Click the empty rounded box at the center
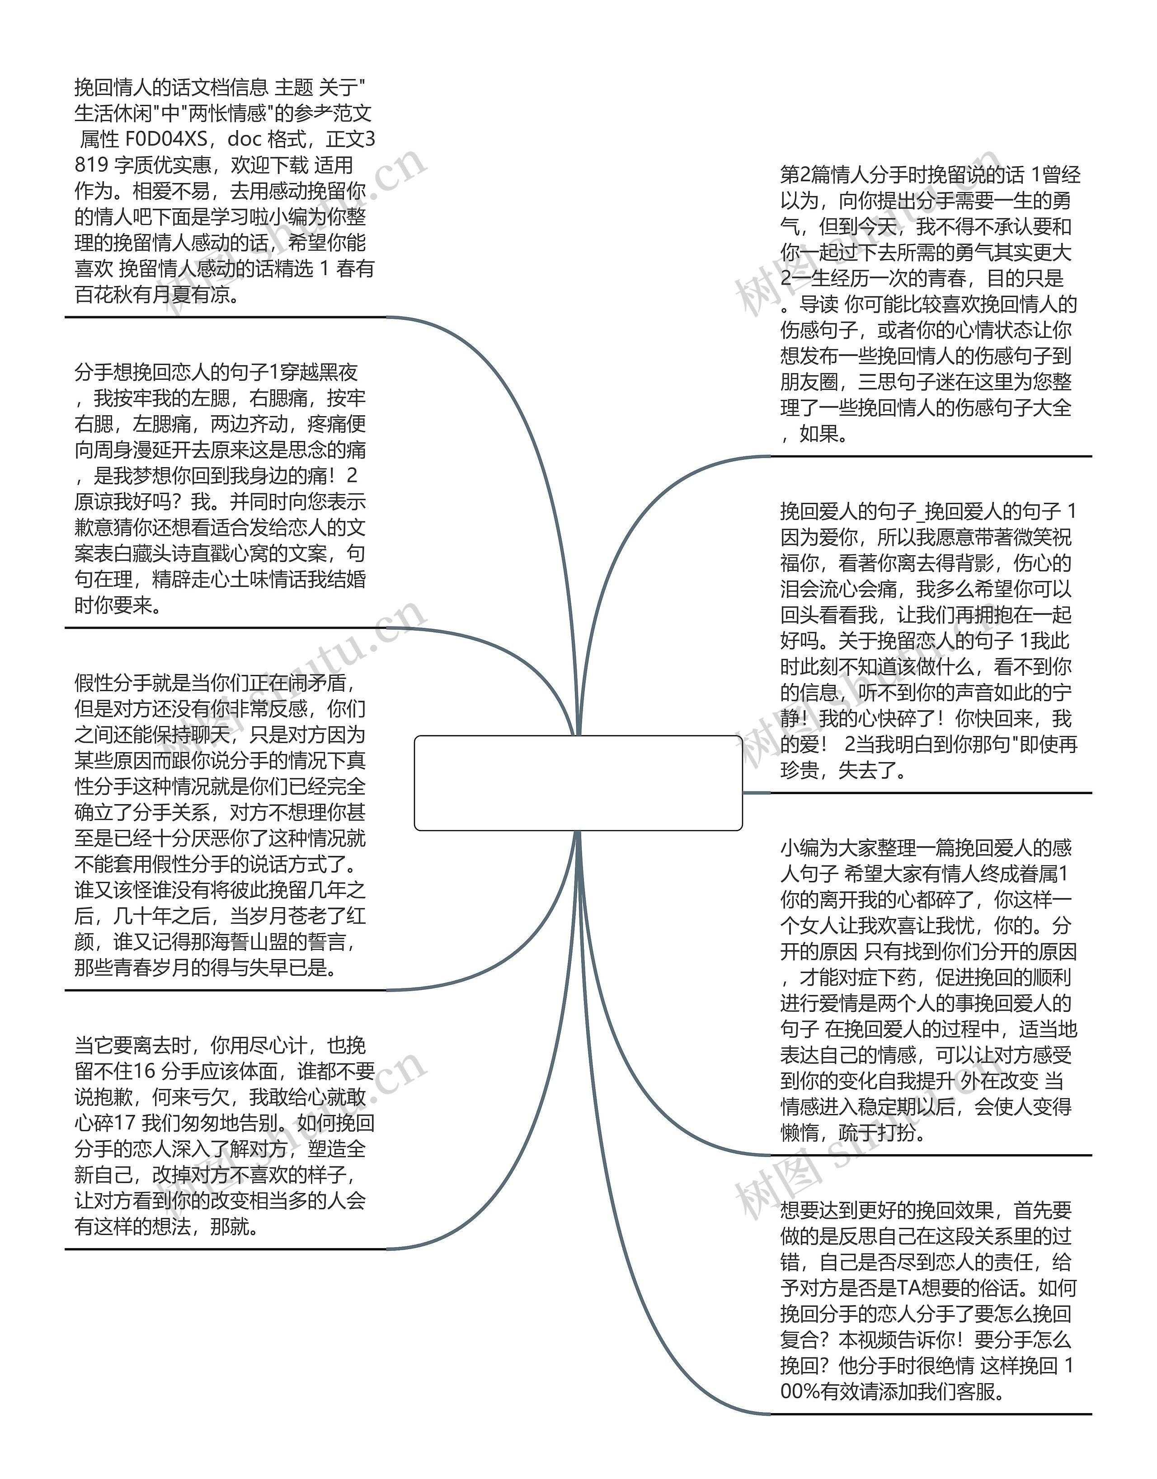click(578, 782)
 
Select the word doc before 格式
click(244, 140)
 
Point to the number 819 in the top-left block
click(91, 165)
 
